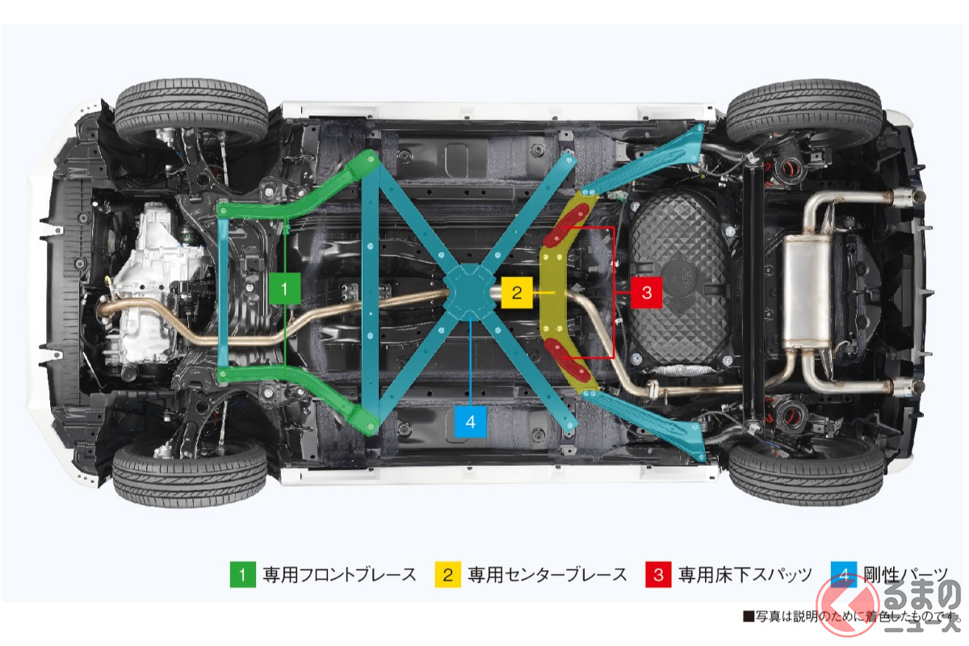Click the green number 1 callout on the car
286,287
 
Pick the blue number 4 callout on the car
471,422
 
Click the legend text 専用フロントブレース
339,575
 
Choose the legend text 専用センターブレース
547,575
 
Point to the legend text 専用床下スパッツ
745,575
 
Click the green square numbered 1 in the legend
241,575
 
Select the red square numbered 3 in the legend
658,575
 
